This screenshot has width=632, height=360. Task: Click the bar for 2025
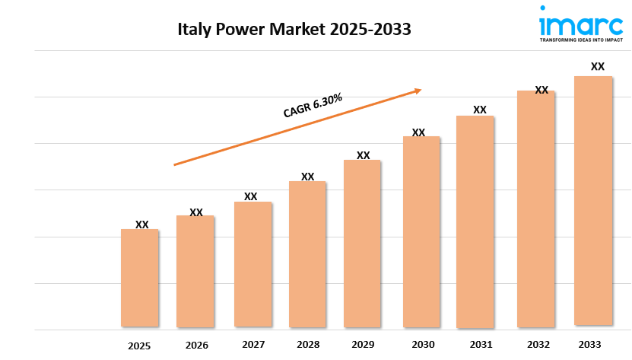click(140, 278)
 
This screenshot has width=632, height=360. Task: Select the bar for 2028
click(306, 254)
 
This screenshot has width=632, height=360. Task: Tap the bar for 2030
click(421, 232)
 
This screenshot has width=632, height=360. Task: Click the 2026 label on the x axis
click(196, 346)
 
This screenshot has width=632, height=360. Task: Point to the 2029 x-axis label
click(363, 345)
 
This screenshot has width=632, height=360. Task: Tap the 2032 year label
click(536, 344)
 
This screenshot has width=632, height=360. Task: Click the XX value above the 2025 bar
click(141, 225)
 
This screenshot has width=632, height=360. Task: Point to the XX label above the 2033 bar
click(598, 67)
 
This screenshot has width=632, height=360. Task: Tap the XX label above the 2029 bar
click(364, 155)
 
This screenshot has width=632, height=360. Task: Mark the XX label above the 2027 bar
click(250, 196)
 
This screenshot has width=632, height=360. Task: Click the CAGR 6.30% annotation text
click(312, 105)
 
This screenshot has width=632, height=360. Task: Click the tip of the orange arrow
click(421, 90)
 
